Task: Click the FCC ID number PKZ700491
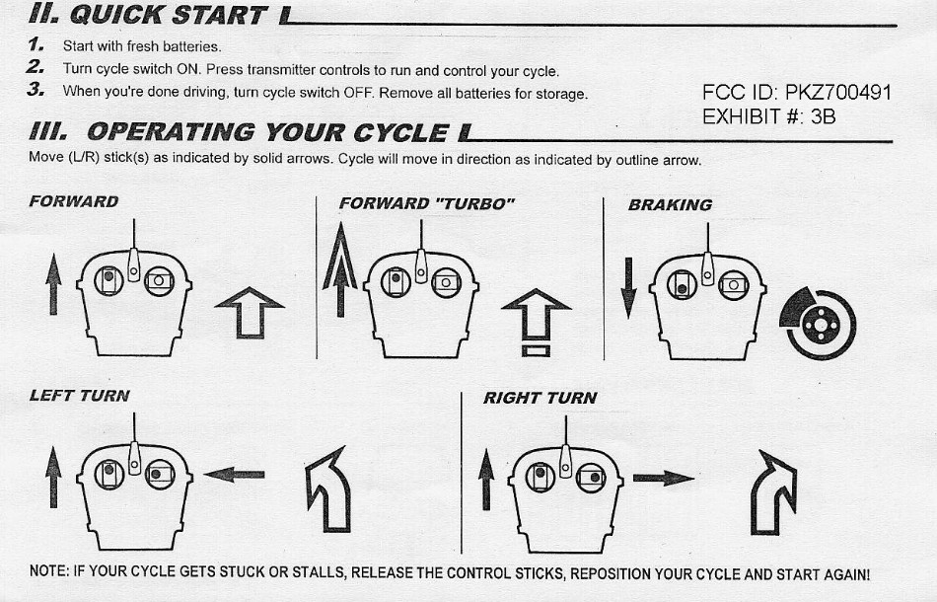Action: pyautogui.click(x=837, y=93)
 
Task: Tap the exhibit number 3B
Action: pyautogui.click(x=823, y=116)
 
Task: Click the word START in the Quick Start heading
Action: pyautogui.click(x=219, y=15)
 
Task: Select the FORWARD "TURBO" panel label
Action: pyautogui.click(x=427, y=204)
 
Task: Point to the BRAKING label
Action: pyautogui.click(x=670, y=205)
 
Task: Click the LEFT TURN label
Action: pyautogui.click(x=80, y=396)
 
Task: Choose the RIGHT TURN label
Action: pyautogui.click(x=541, y=398)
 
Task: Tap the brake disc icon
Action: pyautogui.click(x=818, y=324)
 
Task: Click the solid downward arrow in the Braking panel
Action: pyautogui.click(x=628, y=288)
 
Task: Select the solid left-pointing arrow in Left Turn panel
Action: pyautogui.click(x=235, y=475)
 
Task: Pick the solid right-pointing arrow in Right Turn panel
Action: pyautogui.click(x=664, y=478)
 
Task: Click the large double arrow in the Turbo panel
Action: pyautogui.click(x=340, y=269)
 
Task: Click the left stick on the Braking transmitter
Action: pyautogui.click(x=682, y=284)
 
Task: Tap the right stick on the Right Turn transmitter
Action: pyautogui.click(x=592, y=478)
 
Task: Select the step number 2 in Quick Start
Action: pyautogui.click(x=35, y=66)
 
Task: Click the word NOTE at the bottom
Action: pyautogui.click(x=48, y=570)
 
